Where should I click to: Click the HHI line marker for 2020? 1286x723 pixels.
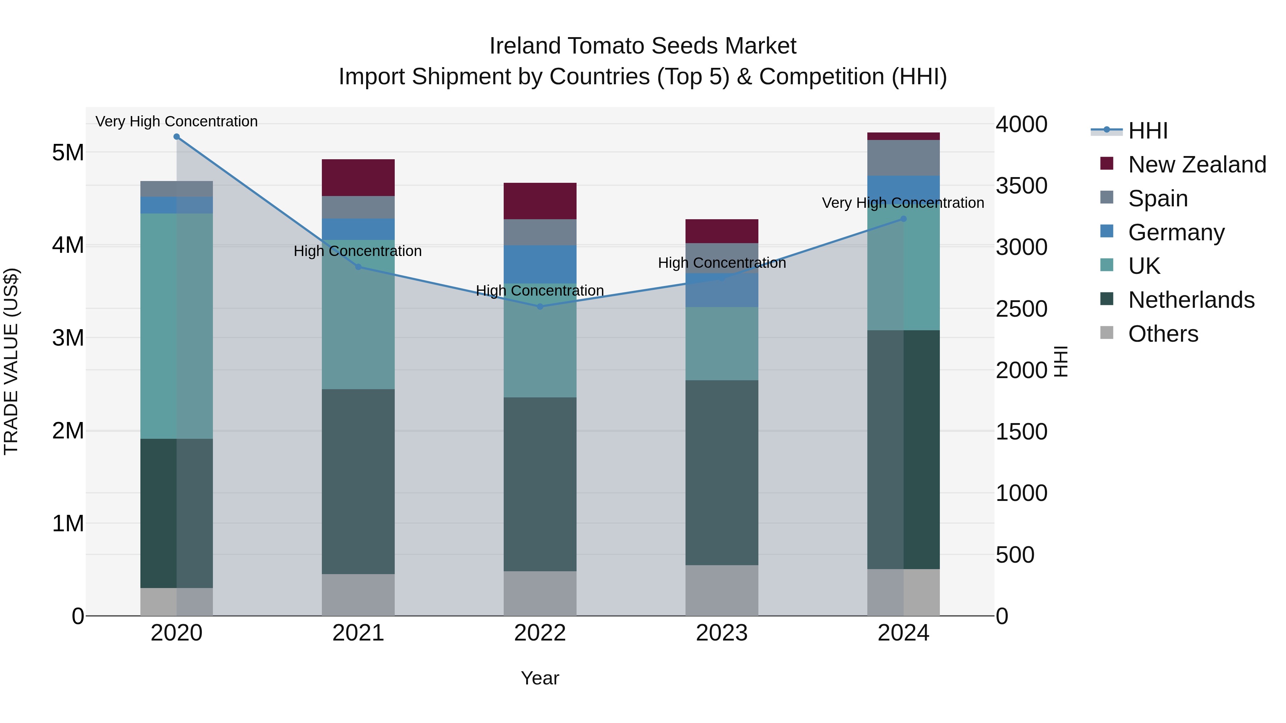[x=177, y=137]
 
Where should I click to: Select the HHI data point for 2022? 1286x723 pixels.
[x=540, y=306]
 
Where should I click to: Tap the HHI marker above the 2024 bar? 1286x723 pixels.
[x=903, y=219]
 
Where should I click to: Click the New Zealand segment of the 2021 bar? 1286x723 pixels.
[x=358, y=178]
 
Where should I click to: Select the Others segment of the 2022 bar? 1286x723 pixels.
[x=540, y=593]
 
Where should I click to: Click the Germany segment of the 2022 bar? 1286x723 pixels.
[x=540, y=265]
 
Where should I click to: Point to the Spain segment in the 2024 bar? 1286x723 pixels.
[x=903, y=158]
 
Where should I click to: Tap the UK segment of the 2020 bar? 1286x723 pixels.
[x=177, y=326]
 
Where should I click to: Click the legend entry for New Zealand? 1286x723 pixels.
[x=1197, y=165]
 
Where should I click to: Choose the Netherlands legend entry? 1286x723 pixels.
[x=1191, y=300]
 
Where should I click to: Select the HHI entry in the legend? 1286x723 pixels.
[x=1147, y=131]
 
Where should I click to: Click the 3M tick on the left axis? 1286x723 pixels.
[x=68, y=338]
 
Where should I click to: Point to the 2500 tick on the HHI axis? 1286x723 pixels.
[x=1021, y=309]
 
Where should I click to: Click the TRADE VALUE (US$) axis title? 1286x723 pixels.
[x=11, y=361]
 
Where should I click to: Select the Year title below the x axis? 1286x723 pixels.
[x=540, y=678]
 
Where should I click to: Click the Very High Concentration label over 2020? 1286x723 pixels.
[x=177, y=121]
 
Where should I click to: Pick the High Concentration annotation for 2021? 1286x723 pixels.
[x=358, y=251]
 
